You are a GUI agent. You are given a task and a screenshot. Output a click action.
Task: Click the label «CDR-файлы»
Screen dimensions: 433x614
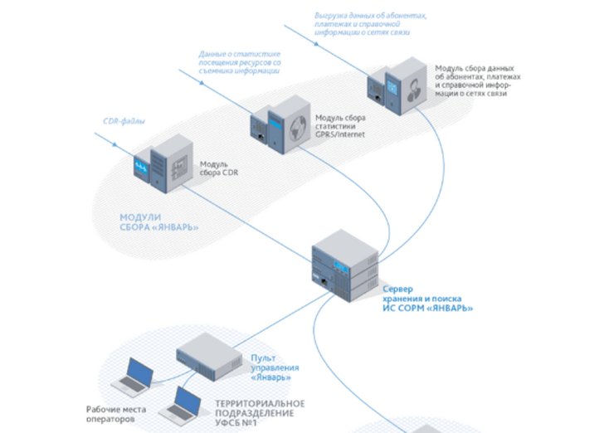[124, 123]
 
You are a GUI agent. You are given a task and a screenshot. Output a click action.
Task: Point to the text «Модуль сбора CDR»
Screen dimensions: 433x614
[220, 170]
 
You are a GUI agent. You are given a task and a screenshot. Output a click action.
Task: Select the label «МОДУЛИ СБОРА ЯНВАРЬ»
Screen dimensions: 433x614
[158, 222]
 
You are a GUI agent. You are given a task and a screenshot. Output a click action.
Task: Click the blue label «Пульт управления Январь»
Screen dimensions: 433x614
[270, 366]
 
